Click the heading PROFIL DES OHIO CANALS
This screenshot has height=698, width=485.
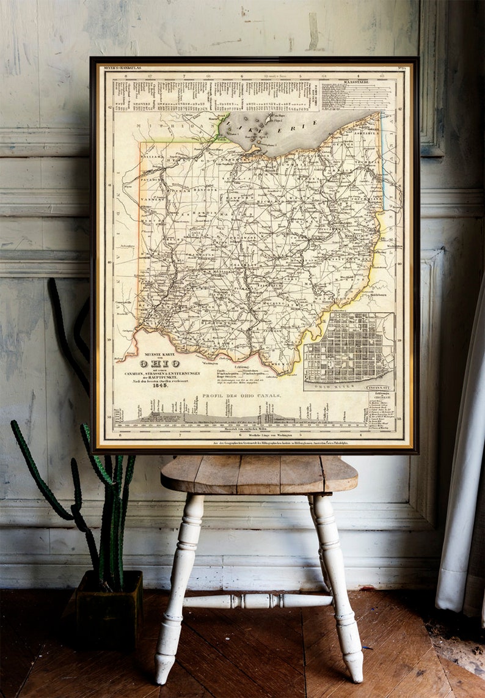(242, 396)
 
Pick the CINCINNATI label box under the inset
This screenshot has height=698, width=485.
(381, 387)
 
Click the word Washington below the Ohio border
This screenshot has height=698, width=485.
(210, 362)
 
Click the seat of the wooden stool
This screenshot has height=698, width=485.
(259, 473)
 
